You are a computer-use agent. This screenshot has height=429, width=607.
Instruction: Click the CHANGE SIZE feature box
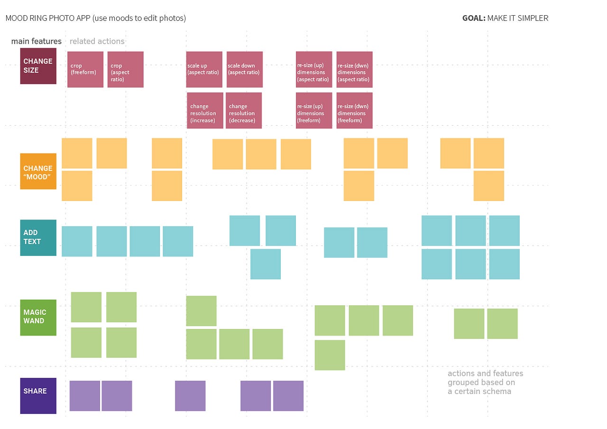[x=38, y=66]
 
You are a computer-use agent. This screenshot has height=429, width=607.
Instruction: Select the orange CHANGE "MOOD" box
[x=38, y=171]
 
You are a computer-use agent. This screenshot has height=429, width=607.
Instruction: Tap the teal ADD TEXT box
[x=38, y=237]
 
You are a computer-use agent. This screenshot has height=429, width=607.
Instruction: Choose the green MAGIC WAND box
[x=38, y=317]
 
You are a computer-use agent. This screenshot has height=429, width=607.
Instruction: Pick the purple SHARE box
[x=38, y=395]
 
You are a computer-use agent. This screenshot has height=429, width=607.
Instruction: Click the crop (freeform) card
[x=85, y=70]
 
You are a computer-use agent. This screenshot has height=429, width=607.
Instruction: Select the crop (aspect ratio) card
[x=125, y=70]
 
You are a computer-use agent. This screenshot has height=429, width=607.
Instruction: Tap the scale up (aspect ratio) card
[x=204, y=70]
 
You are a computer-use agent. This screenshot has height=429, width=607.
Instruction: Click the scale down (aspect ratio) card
[x=244, y=70]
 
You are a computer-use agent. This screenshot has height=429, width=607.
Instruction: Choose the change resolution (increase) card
[x=205, y=110]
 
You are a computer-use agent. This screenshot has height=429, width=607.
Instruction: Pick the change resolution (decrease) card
[x=243, y=110]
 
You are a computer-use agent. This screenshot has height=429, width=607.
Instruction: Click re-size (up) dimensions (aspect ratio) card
[x=314, y=70]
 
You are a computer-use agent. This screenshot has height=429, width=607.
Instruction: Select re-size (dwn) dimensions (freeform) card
[x=354, y=110]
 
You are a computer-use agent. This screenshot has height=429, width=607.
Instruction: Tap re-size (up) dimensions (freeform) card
[x=314, y=110]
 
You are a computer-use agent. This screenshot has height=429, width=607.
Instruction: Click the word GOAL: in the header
[x=473, y=18]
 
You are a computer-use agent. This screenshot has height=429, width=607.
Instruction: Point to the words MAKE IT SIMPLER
[x=517, y=18]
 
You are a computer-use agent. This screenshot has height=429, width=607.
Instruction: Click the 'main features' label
[x=37, y=41]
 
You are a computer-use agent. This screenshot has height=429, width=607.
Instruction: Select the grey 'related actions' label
[x=97, y=41]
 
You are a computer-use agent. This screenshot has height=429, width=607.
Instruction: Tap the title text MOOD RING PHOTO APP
[x=48, y=18]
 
